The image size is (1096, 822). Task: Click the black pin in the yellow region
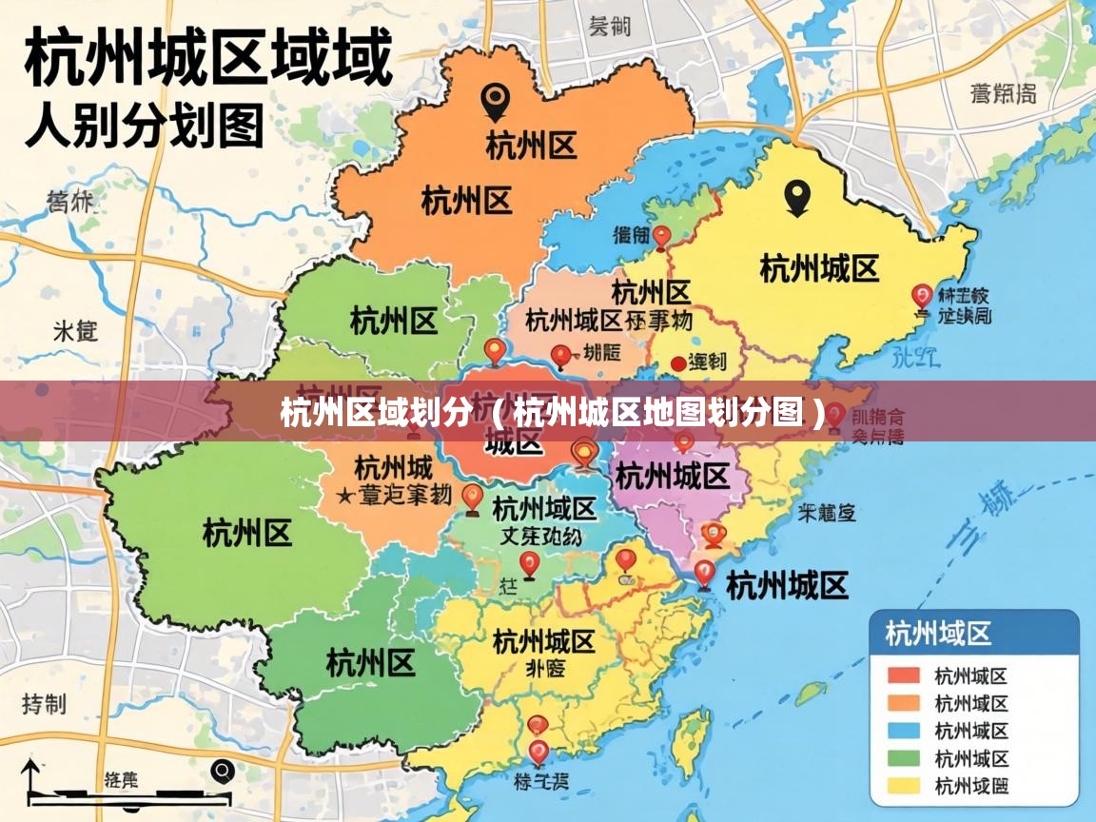(796, 198)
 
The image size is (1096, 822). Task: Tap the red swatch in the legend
(903, 676)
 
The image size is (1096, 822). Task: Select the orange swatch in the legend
(903, 704)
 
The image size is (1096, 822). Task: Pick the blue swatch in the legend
(903, 731)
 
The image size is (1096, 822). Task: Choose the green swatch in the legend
(903, 758)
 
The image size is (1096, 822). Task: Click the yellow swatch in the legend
(903, 786)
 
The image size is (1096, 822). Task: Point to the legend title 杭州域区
(938, 634)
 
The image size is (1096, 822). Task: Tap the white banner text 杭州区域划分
(375, 414)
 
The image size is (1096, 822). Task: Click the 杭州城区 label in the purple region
(672, 475)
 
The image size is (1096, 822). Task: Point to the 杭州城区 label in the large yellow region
(818, 269)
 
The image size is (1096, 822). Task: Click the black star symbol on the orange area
(343, 496)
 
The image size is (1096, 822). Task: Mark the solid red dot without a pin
(677, 362)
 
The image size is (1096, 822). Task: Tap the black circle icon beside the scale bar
(223, 770)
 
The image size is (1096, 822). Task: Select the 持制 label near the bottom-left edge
(44, 704)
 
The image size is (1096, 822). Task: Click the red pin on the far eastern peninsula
(920, 296)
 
